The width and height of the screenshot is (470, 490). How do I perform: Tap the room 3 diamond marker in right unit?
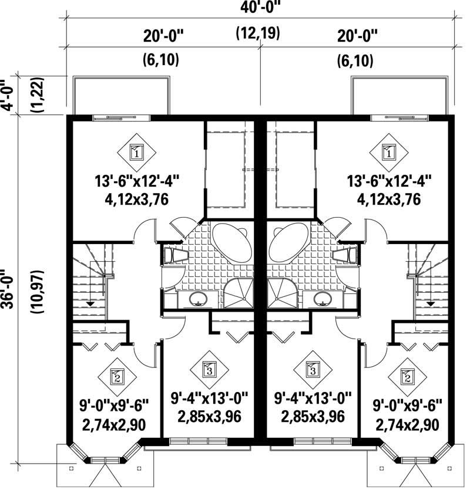click(x=313, y=370)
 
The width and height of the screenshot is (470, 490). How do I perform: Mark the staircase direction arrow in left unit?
click(x=90, y=303)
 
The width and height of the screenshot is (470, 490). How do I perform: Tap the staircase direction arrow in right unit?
click(x=431, y=303)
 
